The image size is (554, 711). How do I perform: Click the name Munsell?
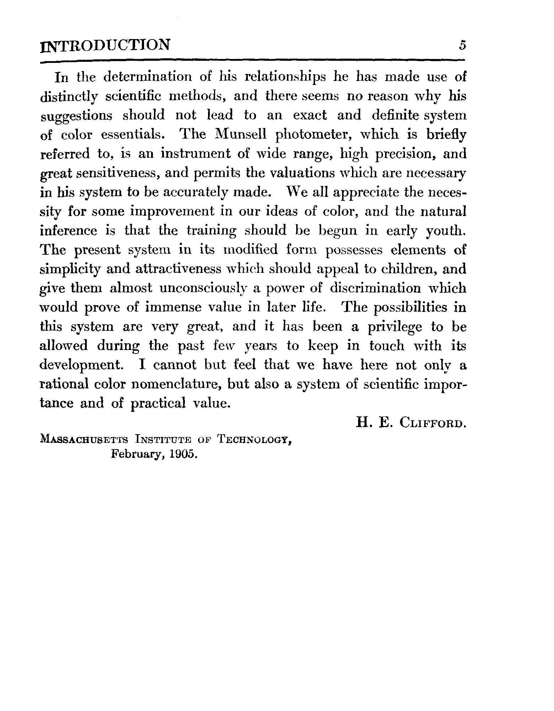(243, 135)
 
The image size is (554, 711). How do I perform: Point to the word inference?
(68, 231)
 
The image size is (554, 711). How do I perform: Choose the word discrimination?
(375, 288)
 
